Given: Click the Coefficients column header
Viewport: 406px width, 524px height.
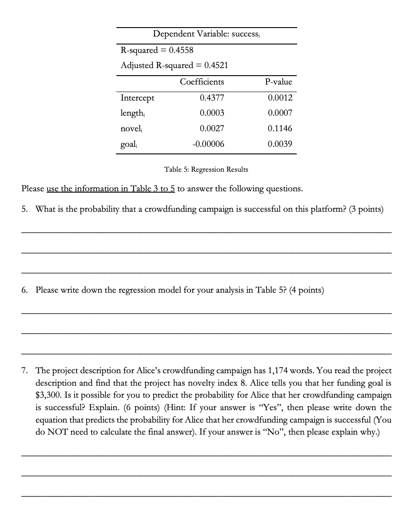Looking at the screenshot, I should pos(202,82).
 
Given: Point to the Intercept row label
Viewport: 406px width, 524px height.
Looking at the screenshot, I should pos(138,98).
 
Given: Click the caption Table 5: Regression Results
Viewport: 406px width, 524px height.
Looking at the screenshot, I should pos(206,169).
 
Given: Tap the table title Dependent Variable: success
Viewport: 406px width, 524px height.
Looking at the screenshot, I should pos(207,34).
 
